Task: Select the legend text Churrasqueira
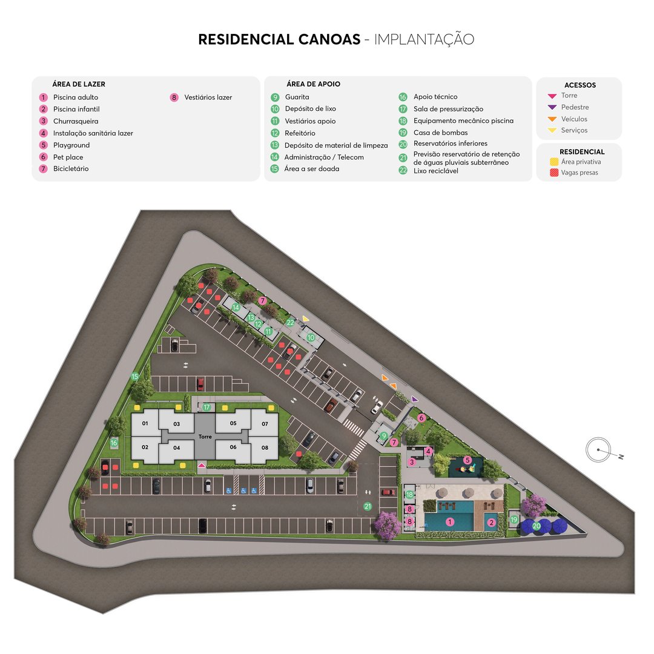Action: coord(76,121)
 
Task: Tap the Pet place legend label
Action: coord(68,157)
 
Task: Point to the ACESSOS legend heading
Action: coord(580,85)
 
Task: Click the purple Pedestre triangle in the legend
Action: coord(552,107)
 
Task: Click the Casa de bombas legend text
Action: coord(440,133)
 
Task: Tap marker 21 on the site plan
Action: coord(368,506)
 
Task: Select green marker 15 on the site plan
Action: coord(135,377)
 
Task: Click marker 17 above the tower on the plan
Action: coord(206,408)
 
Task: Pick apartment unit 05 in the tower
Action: coord(233,423)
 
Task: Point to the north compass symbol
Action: coord(598,449)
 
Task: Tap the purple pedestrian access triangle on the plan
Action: coord(414,399)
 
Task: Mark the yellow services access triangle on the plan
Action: coord(306,319)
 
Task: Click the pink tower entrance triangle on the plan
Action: coord(202,465)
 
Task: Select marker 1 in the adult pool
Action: coord(449,521)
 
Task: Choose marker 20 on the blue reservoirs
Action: coord(537,526)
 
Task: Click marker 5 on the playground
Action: coord(467,460)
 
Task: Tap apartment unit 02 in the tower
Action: coord(145,447)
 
